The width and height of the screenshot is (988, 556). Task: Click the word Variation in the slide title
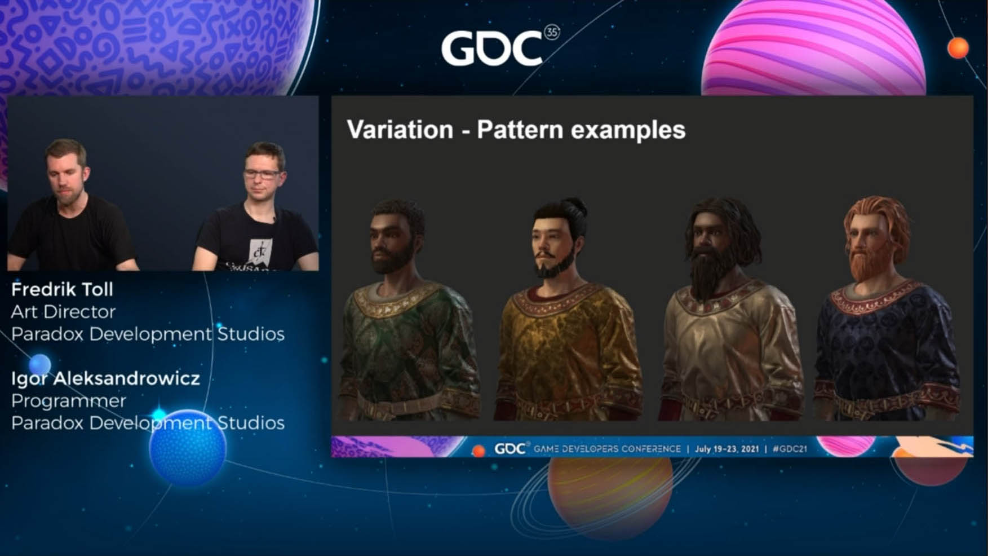point(400,130)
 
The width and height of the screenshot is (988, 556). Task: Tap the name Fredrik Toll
point(62,289)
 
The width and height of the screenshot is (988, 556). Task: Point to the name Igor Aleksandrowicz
point(105,378)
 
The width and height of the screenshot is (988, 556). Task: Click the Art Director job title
point(63,312)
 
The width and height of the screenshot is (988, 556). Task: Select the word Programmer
point(68,401)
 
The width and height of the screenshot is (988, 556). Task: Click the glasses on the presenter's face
point(263,174)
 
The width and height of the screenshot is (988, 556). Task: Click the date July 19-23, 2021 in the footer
point(726,449)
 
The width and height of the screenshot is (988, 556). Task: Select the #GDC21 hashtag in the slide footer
point(790,449)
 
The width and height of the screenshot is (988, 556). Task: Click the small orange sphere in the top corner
point(958,48)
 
